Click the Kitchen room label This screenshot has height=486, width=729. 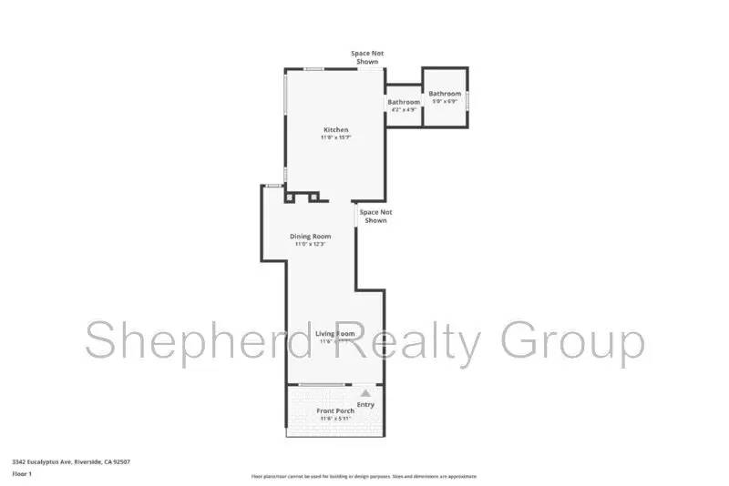[335, 129]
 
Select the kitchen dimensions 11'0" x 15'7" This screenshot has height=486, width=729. [335, 137]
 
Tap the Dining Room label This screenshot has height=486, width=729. [310, 236]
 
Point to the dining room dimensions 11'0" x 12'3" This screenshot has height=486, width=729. [310, 244]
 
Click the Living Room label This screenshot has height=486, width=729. [334, 334]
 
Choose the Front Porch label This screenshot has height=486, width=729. [335, 411]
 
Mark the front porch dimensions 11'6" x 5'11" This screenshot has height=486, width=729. [335, 420]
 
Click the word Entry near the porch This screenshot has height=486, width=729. [365, 404]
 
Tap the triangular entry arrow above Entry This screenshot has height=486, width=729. [365, 392]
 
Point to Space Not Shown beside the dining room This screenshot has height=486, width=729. [375, 216]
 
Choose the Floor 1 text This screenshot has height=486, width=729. [22, 473]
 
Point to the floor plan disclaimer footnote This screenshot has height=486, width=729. [364, 476]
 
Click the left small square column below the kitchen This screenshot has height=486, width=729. [291, 196]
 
